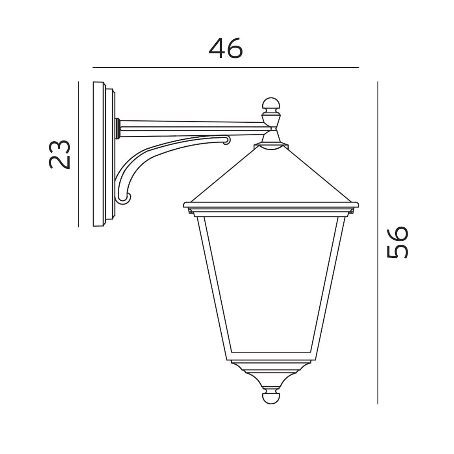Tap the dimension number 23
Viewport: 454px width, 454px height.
(60, 154)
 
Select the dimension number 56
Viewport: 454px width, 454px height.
(397, 242)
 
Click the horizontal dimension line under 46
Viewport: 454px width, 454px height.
(226, 68)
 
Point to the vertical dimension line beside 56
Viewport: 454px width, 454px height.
(378, 242)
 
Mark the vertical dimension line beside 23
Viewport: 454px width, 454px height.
(79, 154)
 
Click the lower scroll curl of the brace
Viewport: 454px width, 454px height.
(123, 199)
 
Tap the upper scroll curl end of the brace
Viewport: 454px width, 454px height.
(226, 140)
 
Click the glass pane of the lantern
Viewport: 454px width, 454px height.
(271, 283)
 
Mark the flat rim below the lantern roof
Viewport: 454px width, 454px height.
(271, 205)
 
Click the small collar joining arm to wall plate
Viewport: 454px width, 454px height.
(118, 129)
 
